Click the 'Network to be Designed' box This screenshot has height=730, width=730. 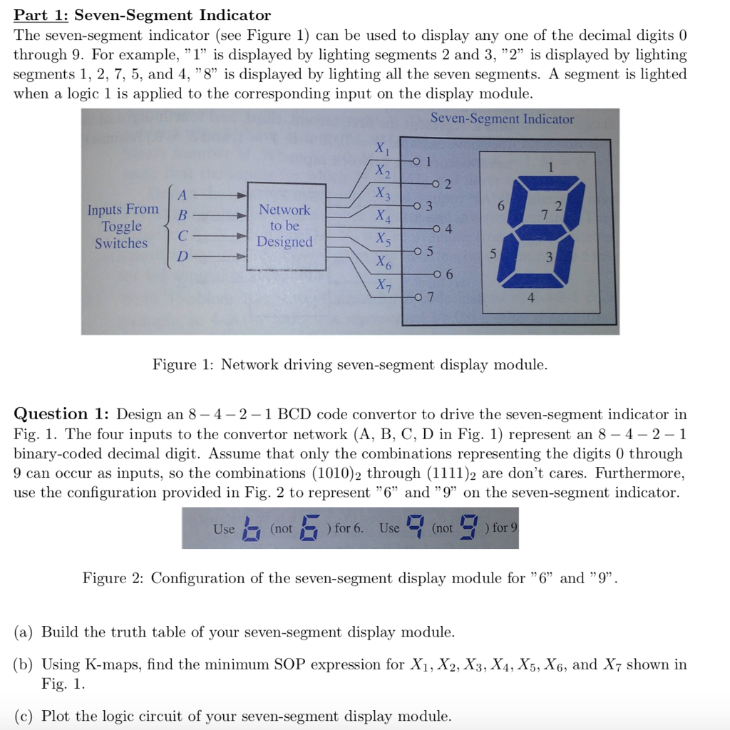(284, 226)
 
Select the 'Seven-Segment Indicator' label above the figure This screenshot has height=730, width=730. (502, 119)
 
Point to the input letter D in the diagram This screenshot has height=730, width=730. (182, 256)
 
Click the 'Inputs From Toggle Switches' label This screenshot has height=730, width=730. (122, 226)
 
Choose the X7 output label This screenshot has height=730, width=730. (383, 287)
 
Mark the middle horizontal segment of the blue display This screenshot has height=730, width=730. (538, 229)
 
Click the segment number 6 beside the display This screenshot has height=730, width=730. (501, 205)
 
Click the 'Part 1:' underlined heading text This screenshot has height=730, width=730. (38, 15)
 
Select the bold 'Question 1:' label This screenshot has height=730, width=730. (61, 414)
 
